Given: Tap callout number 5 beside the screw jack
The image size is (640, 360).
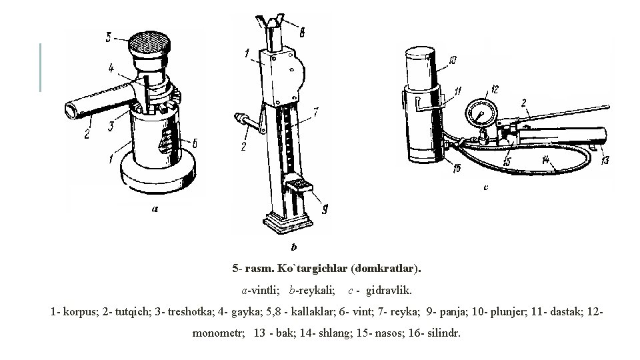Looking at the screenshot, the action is [x=109, y=38].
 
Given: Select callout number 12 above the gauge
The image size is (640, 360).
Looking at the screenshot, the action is [x=494, y=89].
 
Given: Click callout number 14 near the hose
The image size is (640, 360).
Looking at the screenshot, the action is [x=547, y=160].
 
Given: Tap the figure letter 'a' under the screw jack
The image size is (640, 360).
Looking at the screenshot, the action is [x=154, y=208].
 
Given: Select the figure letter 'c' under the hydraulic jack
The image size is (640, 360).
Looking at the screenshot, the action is [x=485, y=187].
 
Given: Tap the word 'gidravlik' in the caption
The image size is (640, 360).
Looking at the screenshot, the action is [x=389, y=291].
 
